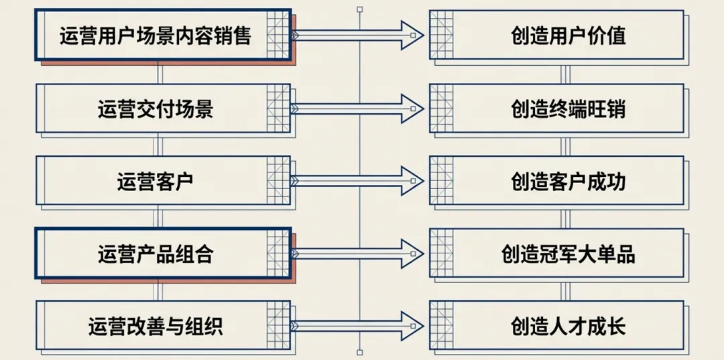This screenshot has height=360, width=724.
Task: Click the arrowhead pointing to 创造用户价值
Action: pyautogui.click(x=410, y=35)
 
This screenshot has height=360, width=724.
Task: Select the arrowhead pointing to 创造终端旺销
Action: pyautogui.click(x=410, y=108)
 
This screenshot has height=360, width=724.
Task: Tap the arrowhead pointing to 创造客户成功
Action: pyautogui.click(x=410, y=181)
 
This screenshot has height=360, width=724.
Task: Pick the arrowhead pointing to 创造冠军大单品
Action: pyautogui.click(x=410, y=253)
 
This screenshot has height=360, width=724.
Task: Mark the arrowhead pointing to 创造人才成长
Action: pyautogui.click(x=410, y=326)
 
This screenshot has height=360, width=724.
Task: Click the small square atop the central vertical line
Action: pyautogui.click(x=360, y=9)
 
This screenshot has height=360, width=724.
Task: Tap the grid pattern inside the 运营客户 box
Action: pyautogui.click(x=278, y=181)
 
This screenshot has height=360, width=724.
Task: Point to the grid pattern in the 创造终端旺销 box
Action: pyautogui.click(x=442, y=108)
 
